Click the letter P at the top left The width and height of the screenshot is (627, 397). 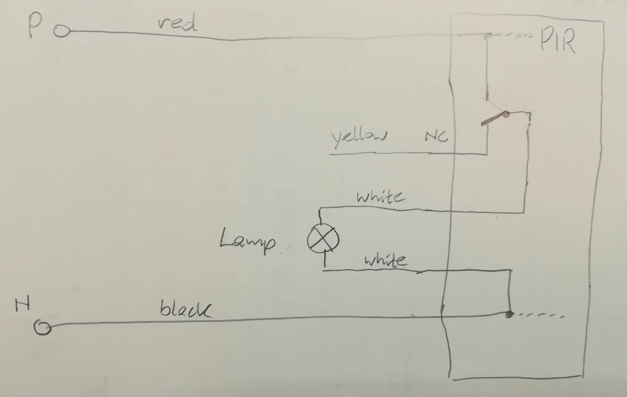35,28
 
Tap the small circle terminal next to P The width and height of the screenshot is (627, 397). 61,31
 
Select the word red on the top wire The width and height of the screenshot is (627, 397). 176,24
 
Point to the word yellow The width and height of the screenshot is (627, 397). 359,137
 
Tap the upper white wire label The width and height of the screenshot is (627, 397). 380,196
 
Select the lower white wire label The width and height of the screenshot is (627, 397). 385,260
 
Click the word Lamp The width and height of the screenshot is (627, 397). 248,241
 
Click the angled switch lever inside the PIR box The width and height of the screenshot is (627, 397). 493,119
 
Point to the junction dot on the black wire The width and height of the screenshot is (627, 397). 509,314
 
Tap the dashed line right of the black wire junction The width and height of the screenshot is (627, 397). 543,316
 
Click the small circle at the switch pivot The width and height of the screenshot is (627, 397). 506,115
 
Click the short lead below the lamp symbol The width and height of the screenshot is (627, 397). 323,260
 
